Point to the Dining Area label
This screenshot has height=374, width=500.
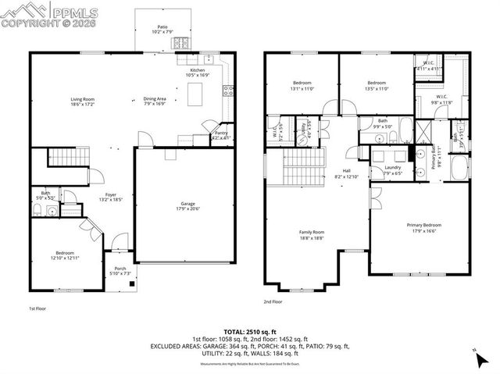click(x=155, y=101)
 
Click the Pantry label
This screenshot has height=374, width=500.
click(x=222, y=136)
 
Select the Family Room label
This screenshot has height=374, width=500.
click(x=312, y=233)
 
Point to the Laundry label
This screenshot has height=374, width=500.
click(x=393, y=169)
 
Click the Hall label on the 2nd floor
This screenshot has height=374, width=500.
click(x=347, y=174)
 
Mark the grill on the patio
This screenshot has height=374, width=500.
click(x=182, y=45)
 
